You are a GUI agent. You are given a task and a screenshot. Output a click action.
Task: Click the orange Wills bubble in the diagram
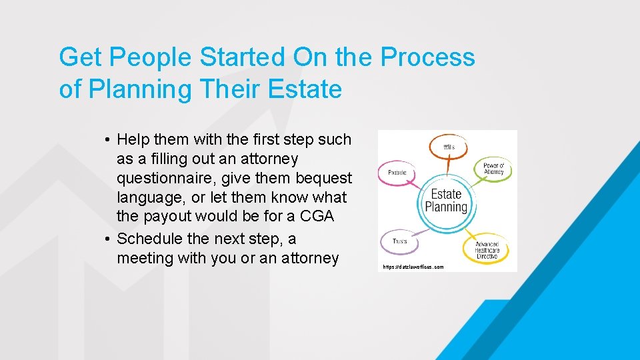coord(449,146)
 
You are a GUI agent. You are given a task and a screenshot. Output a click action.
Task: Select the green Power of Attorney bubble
coord(493,169)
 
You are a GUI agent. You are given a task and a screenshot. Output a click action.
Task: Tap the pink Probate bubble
coord(397,173)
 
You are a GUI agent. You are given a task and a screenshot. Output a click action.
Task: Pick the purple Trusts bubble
coord(399,241)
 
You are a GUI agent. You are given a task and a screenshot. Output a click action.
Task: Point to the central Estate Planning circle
coord(446,201)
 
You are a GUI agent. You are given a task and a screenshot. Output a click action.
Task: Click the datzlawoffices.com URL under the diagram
coord(413,267)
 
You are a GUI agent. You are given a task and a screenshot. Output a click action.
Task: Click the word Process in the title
coord(427,57)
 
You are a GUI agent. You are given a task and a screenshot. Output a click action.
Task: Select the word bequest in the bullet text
coord(324,178)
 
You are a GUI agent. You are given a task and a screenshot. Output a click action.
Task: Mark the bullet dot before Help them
coord(107,140)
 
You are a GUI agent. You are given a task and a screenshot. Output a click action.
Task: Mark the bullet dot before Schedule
coord(107,239)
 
